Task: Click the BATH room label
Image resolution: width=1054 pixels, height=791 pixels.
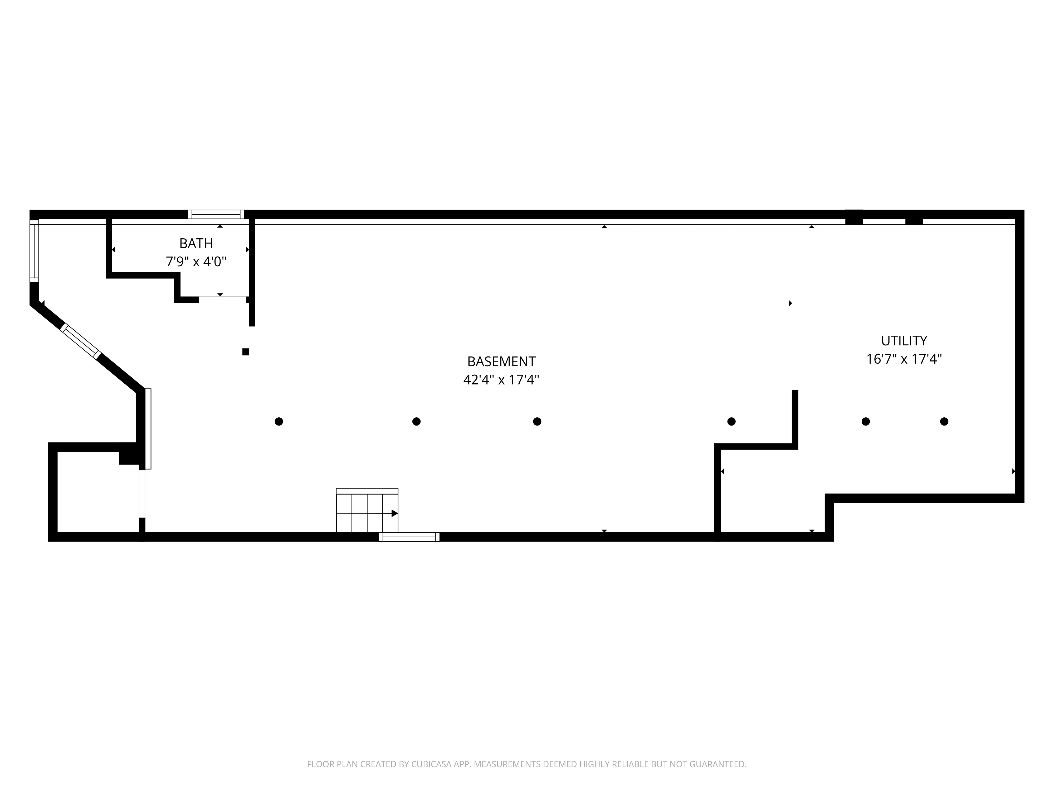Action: click(196, 244)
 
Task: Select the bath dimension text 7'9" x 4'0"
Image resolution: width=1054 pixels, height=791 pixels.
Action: click(196, 262)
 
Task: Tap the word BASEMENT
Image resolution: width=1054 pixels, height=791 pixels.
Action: click(501, 361)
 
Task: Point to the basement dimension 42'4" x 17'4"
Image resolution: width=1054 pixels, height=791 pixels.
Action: click(501, 380)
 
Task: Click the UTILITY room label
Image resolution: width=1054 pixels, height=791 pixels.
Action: click(904, 341)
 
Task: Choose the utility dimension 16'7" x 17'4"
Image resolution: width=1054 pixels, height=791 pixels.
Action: click(904, 359)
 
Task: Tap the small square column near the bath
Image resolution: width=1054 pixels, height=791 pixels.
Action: click(246, 352)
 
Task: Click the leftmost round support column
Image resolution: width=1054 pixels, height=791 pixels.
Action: click(279, 422)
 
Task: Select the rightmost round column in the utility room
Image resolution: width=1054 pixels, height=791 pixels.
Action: click(944, 422)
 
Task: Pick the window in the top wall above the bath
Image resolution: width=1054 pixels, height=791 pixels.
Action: click(216, 215)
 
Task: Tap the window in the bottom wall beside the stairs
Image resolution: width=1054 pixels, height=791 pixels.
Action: click(409, 537)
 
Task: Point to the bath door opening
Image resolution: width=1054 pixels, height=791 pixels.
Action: click(222, 300)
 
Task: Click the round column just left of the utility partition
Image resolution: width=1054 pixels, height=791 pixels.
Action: click(731, 422)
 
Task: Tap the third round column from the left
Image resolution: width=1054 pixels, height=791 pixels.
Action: click(537, 422)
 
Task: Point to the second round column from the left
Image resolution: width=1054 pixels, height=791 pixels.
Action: click(416, 422)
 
